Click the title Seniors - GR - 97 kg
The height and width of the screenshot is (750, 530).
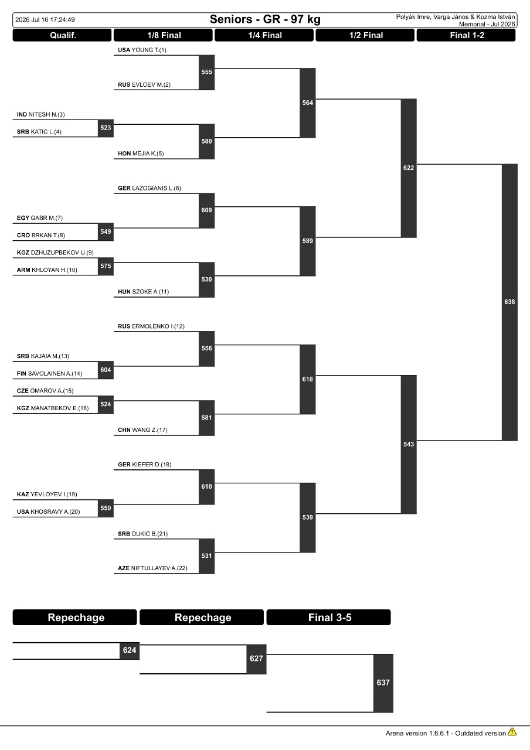(265, 19)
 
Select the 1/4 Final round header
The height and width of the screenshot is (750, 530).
(264, 35)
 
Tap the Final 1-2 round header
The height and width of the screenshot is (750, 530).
(466, 35)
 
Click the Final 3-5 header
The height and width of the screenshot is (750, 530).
(329, 617)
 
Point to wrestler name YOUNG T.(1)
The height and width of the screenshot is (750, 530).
(149, 50)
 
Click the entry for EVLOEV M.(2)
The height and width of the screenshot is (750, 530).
(151, 85)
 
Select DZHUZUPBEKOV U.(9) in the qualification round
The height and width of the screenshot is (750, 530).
(62, 253)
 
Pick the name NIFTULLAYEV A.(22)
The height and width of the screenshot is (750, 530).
(159, 568)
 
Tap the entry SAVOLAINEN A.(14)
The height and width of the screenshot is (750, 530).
(55, 373)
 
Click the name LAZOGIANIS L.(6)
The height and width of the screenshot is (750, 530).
(157, 188)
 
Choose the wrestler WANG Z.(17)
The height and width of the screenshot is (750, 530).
(150, 429)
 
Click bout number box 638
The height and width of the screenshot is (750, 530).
(509, 302)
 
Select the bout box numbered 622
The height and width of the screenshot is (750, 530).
(409, 168)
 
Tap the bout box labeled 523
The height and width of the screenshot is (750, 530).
(106, 128)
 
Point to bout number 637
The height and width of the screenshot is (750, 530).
(383, 683)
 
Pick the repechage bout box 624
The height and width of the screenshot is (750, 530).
(130, 650)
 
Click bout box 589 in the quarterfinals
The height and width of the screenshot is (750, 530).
(308, 241)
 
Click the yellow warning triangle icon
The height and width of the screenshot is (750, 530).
(512, 732)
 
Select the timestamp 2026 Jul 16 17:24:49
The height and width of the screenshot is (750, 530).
(45, 20)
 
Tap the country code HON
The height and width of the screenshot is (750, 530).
(124, 154)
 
